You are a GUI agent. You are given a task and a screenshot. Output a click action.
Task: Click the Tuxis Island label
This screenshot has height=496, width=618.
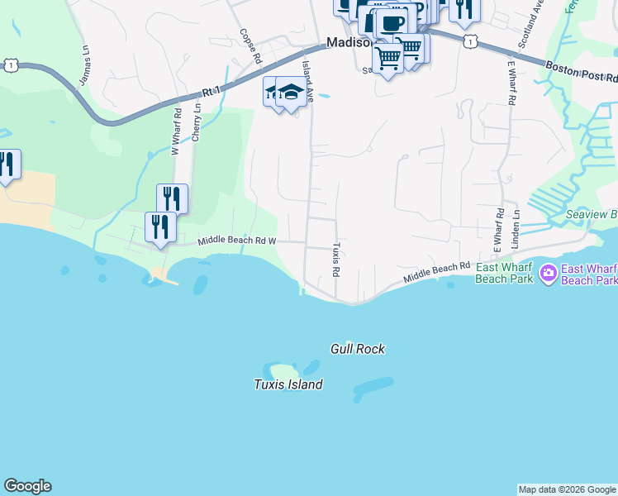(x=288, y=384)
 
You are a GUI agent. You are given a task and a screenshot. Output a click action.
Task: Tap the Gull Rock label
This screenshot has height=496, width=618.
(x=358, y=350)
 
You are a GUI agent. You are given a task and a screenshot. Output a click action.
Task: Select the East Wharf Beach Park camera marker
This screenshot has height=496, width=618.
(x=547, y=272)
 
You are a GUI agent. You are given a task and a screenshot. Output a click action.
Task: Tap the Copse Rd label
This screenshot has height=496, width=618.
(x=250, y=47)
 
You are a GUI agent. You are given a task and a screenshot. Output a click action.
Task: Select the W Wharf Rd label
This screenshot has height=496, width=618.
(x=175, y=131)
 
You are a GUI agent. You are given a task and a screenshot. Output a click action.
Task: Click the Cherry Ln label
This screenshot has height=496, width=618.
(x=196, y=122)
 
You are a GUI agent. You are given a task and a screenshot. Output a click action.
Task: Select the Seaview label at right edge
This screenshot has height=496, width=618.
(x=592, y=215)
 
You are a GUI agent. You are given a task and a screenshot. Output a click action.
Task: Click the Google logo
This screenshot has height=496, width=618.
(x=27, y=486)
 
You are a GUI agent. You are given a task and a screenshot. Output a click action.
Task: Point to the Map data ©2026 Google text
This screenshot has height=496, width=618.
(x=567, y=489)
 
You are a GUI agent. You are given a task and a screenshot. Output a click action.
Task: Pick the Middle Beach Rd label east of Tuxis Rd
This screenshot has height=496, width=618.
(x=436, y=274)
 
